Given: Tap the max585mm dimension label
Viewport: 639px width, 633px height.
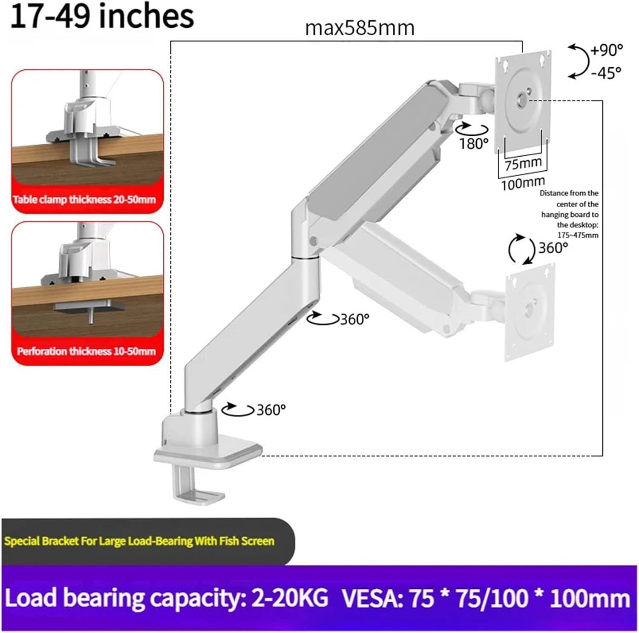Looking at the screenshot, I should (x=360, y=29).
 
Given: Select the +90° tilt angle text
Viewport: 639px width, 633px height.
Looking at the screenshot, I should (x=606, y=50).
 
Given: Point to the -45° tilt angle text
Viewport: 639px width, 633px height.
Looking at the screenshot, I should (x=606, y=73).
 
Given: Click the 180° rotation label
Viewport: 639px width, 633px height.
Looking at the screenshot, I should (x=473, y=144).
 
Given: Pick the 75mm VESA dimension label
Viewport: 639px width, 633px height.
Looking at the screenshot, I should (x=523, y=163).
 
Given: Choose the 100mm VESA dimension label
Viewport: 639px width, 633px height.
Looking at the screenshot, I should (x=523, y=184).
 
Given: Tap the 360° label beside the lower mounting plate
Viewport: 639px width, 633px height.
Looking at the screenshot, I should (x=553, y=248).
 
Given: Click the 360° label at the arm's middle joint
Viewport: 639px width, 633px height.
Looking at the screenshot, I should (x=354, y=319).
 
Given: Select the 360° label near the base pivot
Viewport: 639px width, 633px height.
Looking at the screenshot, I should (x=271, y=410).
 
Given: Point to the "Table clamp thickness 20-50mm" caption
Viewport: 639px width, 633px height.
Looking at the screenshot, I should (x=84, y=199).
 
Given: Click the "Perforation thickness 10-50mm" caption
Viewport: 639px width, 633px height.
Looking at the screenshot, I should (x=86, y=351).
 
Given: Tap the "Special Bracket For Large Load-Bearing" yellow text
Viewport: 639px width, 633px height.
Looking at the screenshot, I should (x=139, y=541).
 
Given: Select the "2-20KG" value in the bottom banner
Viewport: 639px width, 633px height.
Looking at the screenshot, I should (x=290, y=598).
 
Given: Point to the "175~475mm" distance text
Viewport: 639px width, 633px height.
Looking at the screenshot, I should (x=578, y=235).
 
